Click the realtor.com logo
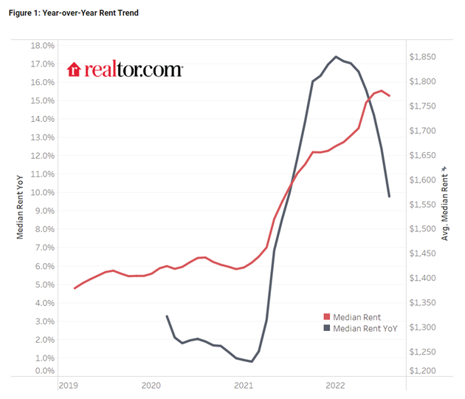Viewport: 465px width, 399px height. point(125,69)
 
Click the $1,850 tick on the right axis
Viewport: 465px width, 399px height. point(426,57)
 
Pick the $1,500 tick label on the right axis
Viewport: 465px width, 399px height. point(426,229)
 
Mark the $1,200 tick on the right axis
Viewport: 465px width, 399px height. point(426,371)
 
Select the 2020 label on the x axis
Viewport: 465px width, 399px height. point(151,386)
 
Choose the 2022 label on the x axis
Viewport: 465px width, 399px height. point(335,386)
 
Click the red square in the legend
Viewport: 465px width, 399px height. point(328,317)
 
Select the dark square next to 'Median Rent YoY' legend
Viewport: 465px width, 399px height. point(328,329)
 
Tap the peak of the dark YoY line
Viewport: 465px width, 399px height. point(337,56)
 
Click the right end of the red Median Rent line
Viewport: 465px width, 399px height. point(390,96)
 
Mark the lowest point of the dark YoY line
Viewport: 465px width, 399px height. point(252,362)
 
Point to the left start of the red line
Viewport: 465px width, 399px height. point(75,288)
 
